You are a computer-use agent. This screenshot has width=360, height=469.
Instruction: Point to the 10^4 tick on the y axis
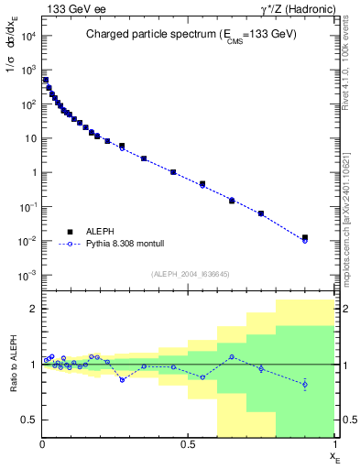pos(27,36)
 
